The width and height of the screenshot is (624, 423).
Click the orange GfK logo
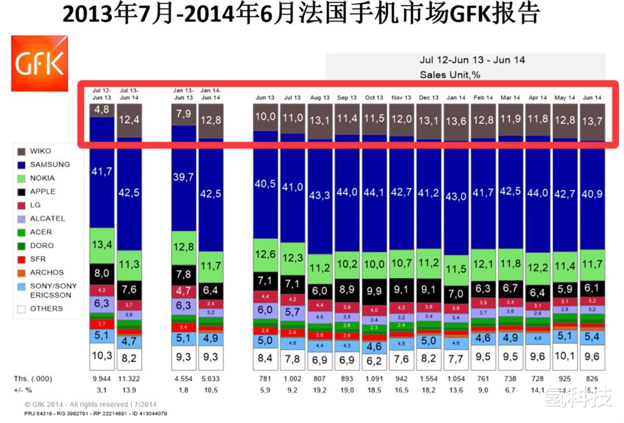coord(40,63)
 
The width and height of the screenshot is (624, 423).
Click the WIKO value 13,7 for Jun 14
coord(591,124)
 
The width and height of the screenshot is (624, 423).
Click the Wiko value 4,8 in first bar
coord(102,110)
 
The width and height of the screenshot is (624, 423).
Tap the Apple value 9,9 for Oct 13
coord(374,290)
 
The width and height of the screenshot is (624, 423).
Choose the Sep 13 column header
coord(347,97)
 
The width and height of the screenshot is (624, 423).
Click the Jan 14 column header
coord(456,97)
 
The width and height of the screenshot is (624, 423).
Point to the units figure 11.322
coord(129,378)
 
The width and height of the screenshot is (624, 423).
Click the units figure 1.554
coord(429,378)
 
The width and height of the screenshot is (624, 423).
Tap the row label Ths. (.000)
coord(33,378)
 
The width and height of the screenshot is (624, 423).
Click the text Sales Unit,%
coord(450,75)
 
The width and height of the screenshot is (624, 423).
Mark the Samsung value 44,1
coord(374,192)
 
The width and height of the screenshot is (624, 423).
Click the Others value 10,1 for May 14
coord(564,356)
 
